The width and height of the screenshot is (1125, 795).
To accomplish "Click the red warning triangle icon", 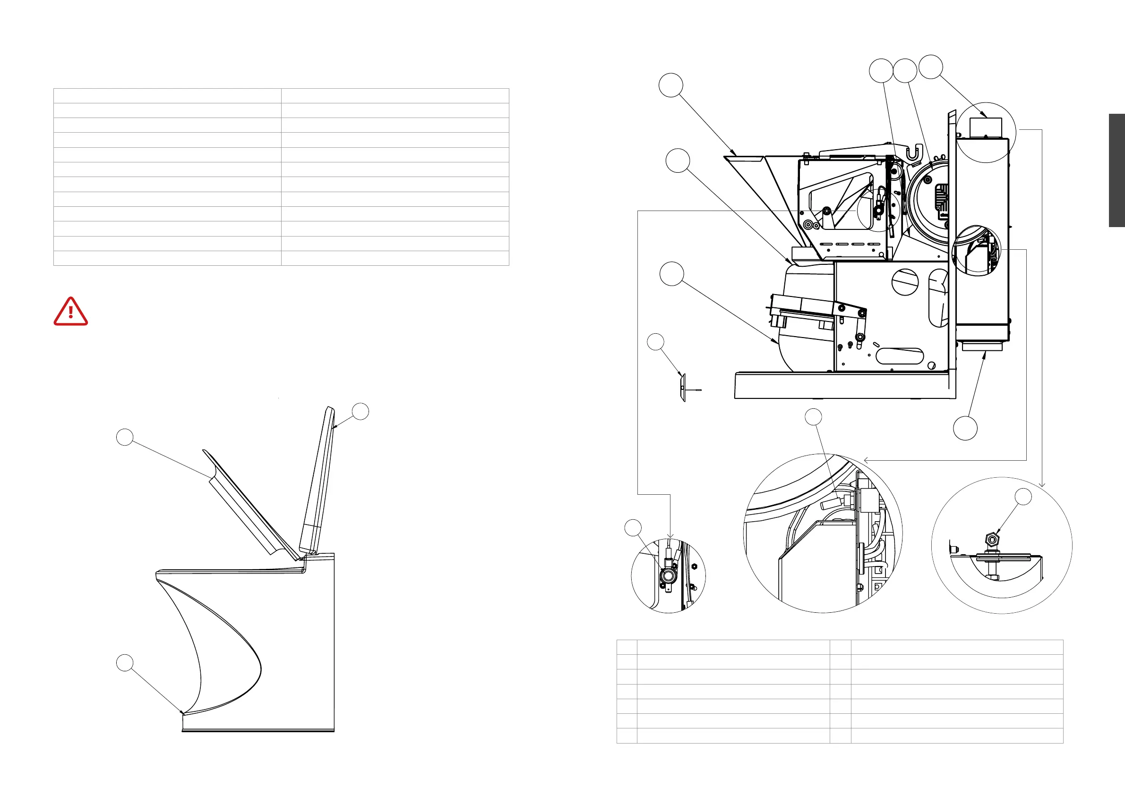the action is point(70,312).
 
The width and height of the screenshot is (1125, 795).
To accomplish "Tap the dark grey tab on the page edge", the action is point(1116,170).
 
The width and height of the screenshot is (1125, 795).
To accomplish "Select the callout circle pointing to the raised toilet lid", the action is point(361,411).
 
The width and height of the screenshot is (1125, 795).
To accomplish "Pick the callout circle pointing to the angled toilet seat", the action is point(125,437).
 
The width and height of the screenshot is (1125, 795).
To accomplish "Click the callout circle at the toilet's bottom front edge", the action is point(124,663).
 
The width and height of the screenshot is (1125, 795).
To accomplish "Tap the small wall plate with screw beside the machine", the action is point(684,388).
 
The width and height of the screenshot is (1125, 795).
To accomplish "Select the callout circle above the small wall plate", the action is point(656,342).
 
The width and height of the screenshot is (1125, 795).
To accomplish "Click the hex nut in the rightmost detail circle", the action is point(992,540).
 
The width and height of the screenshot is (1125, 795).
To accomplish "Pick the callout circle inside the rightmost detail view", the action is point(1022,496).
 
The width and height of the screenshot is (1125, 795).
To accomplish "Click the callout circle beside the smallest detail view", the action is point(633,528).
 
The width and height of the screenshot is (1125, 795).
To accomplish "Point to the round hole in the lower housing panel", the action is point(905,282).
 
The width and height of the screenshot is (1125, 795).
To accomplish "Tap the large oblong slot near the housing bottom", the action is point(899,356).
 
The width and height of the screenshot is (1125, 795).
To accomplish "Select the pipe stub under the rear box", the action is point(982,347).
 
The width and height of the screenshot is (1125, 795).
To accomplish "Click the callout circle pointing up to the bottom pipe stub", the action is point(965,428).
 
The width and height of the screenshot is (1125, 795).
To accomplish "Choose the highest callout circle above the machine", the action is point(930,67).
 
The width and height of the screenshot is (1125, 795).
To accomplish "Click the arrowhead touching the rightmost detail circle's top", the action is point(1042,485).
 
